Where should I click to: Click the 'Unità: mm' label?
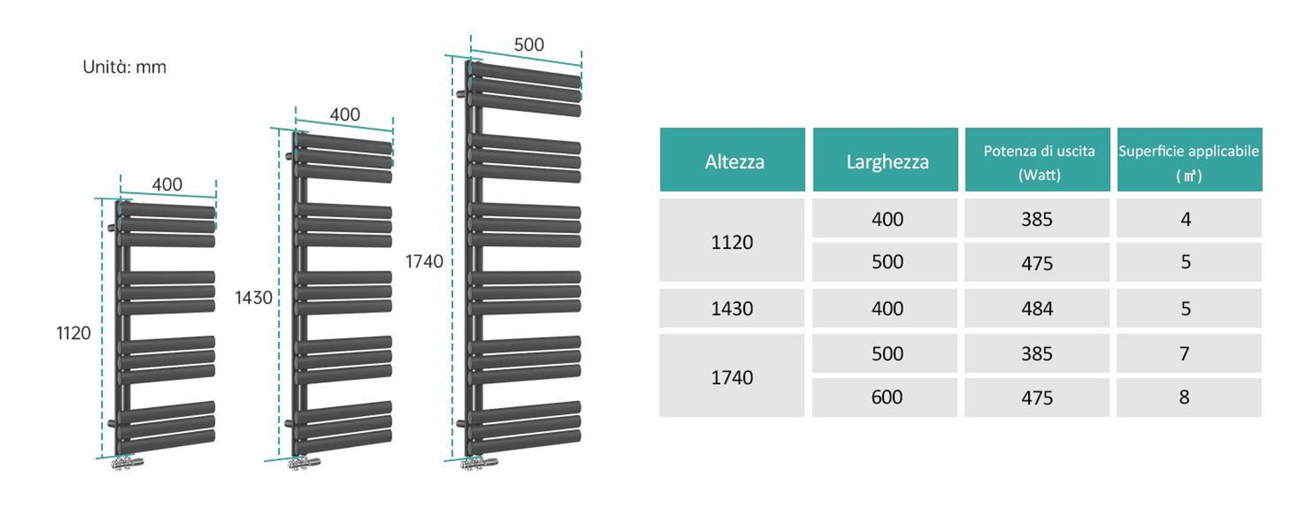point(124,67)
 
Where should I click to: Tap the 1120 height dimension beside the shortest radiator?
point(73,333)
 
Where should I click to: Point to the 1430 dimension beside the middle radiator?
point(253,297)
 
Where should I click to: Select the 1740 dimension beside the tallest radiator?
point(424,261)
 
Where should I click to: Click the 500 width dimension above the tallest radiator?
point(529,45)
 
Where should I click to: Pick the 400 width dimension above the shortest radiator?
point(167,185)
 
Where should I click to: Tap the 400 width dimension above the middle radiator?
point(344,115)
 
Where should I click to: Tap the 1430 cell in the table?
point(732,308)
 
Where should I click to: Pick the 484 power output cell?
point(1037,308)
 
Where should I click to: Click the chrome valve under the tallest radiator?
point(479,463)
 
